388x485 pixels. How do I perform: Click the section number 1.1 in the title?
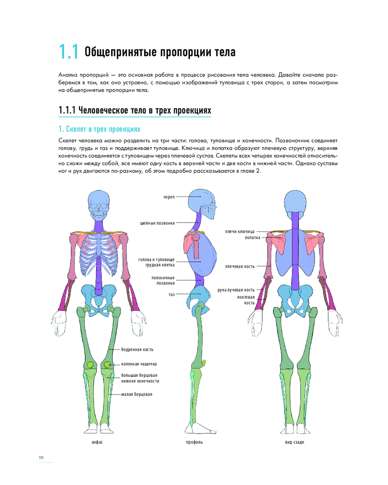pos(68,51)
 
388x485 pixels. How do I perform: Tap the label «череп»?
pos(169,197)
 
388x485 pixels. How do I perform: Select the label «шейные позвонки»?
pos(158,223)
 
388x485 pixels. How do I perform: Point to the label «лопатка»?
pos(253,238)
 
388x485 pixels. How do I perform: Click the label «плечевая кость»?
pos(240,266)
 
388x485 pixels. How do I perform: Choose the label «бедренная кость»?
pos(137,350)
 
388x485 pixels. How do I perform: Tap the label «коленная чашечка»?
pos(139,364)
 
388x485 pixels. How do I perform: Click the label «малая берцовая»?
pos(137,394)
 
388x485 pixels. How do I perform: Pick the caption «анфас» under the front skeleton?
pos(97,442)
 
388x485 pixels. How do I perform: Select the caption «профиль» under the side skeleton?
pos(194,442)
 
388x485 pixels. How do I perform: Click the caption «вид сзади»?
pos(294,442)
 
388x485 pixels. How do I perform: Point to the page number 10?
pos(41,457)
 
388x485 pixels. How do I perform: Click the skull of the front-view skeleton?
pos(99,205)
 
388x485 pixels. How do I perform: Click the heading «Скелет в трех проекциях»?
pos(99,129)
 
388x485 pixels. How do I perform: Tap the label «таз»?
pos(172,294)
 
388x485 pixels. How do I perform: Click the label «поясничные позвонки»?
pos(163,280)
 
